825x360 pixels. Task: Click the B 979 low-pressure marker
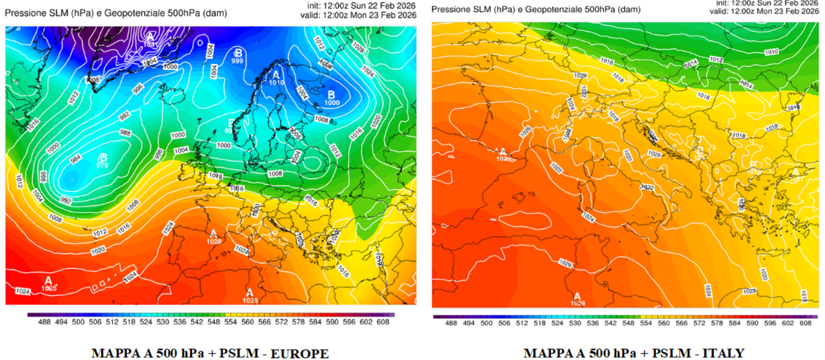pos(103,161)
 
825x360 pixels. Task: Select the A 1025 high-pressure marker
pos(48,284)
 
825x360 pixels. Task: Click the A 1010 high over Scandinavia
pos(277,78)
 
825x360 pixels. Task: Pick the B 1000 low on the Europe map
pos(332,98)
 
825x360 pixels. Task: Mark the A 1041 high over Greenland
pos(150,40)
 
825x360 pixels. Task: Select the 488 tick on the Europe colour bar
pos(40,322)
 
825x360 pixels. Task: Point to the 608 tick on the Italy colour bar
pos(806,323)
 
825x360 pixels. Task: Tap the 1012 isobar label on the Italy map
pos(716,59)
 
